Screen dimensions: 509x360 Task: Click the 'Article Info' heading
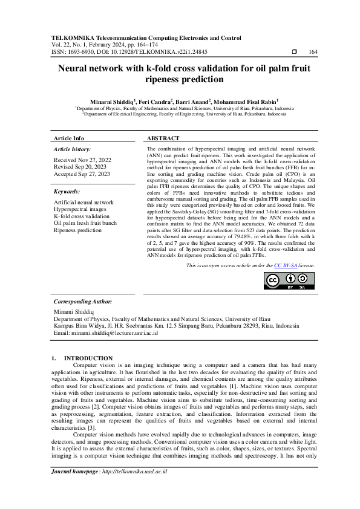(x=69, y=138)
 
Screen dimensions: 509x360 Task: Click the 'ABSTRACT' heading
(x=163, y=138)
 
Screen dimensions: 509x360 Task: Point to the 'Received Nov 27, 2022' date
(x=82, y=160)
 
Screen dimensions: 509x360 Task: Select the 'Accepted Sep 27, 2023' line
(x=82, y=174)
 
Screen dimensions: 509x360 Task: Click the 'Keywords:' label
(x=67, y=191)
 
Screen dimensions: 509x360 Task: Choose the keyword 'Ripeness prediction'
(x=78, y=230)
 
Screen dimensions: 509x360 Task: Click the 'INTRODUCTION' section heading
(x=88, y=358)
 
